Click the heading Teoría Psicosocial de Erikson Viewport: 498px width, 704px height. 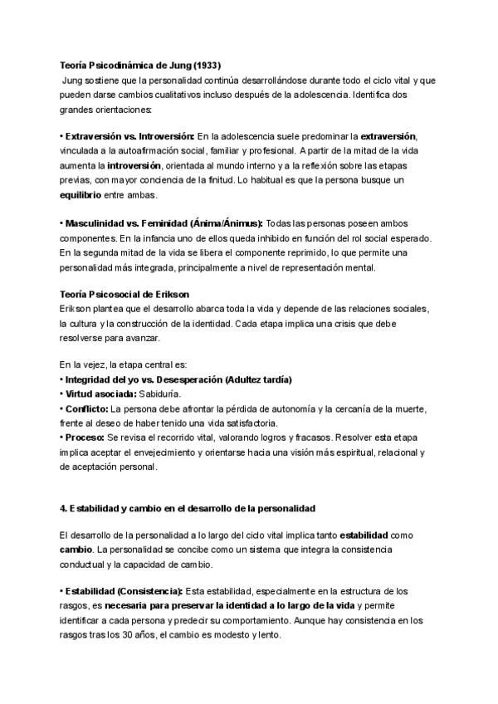(x=124, y=295)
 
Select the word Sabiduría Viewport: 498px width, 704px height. (x=156, y=394)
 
